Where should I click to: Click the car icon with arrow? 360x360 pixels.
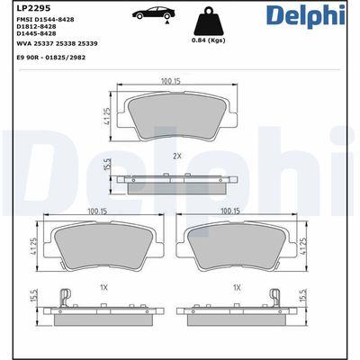click(x=151, y=14)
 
